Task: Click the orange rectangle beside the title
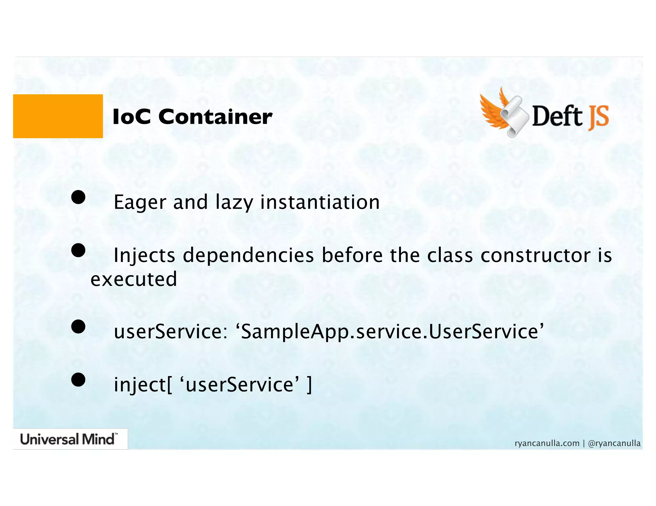click(58, 116)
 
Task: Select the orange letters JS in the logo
click(598, 117)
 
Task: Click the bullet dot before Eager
click(78, 197)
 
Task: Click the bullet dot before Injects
click(78, 250)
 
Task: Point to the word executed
click(134, 279)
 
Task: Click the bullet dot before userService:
click(78, 327)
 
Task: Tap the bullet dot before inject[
click(78, 380)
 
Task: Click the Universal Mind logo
click(69, 439)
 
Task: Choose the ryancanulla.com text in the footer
click(547, 443)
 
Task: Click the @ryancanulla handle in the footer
click(614, 443)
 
